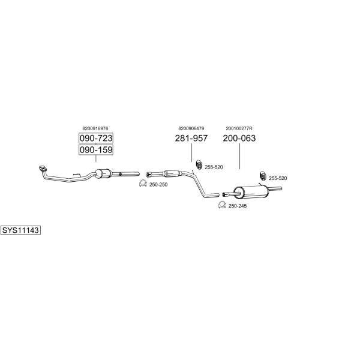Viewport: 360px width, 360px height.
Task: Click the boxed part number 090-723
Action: point(96,138)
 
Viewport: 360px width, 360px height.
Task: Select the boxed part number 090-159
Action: point(96,150)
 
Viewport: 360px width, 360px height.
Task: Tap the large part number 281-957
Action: point(191,138)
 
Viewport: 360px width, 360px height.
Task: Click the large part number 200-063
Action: point(239,138)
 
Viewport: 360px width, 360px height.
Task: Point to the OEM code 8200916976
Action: point(95,128)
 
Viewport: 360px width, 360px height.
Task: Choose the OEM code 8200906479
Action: point(191,128)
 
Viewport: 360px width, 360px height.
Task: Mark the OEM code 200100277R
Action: point(239,128)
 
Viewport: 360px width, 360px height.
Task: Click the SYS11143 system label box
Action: point(20,230)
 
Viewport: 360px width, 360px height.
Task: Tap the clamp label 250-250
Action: point(158,185)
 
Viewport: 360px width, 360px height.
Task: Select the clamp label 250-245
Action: point(238,206)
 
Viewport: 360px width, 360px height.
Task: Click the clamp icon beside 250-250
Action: point(143,184)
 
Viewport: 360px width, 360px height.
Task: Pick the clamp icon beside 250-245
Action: point(222,205)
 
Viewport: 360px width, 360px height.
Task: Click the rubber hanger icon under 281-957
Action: point(199,164)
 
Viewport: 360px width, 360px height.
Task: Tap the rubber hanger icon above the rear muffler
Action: point(263,176)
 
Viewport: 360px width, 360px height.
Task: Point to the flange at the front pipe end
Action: point(43,169)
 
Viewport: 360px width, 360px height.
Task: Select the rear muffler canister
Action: point(251,192)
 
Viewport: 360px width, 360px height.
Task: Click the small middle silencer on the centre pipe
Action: point(172,173)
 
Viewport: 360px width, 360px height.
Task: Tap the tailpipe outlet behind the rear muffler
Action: point(275,189)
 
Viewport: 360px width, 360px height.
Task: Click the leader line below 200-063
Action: point(239,157)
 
